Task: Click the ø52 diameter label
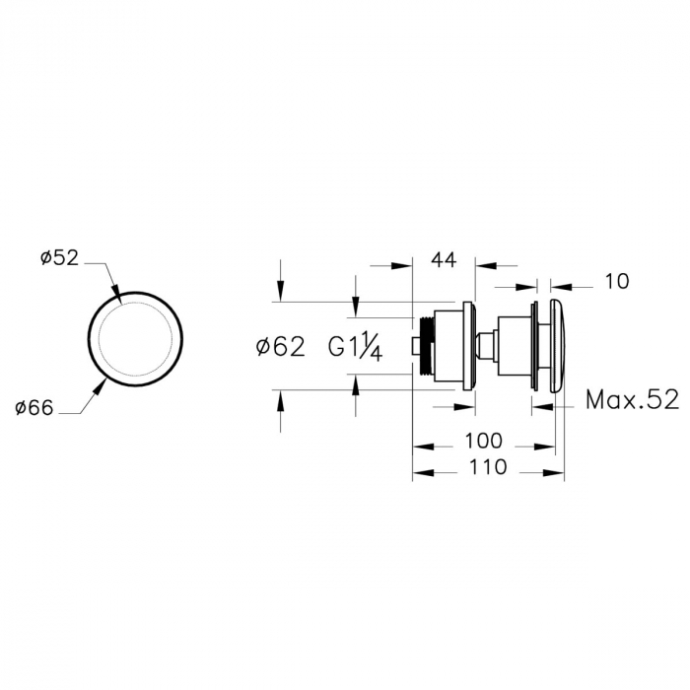pos(59,258)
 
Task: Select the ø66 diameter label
pos(34,408)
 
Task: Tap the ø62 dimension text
pos(280,347)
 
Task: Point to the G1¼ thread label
pos(356,348)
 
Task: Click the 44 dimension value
pos(444,260)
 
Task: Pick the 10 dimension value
pos(617,282)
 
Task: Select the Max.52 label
pos(633,400)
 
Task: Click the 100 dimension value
pos(483,441)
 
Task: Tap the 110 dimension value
pos(488,467)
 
